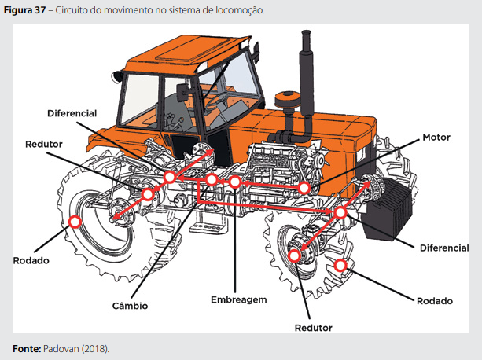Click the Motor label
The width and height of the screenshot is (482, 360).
pyautogui.click(x=436, y=138)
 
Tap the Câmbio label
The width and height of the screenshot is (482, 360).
pyautogui.click(x=130, y=306)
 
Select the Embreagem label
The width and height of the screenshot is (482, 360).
pyautogui.click(x=239, y=299)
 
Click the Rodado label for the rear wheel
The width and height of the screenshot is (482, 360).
pyautogui.click(x=31, y=260)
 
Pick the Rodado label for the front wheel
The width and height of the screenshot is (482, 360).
pyautogui.click(x=434, y=301)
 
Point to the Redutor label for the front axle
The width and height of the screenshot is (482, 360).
pyautogui.click(x=313, y=328)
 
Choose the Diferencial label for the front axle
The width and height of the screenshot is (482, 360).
pyautogui.click(x=444, y=248)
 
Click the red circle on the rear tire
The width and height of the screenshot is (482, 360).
pyautogui.click(x=75, y=222)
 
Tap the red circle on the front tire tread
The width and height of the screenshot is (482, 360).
pyautogui.click(x=340, y=265)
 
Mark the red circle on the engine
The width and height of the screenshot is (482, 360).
pyautogui.click(x=304, y=188)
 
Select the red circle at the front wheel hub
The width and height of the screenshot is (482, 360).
pyautogui.click(x=294, y=255)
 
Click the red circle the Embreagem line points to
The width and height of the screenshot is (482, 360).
pyautogui.click(x=234, y=182)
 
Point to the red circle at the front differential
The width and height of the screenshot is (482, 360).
pyautogui.click(x=340, y=212)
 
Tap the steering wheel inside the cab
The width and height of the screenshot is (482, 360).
pyautogui.click(x=221, y=98)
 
